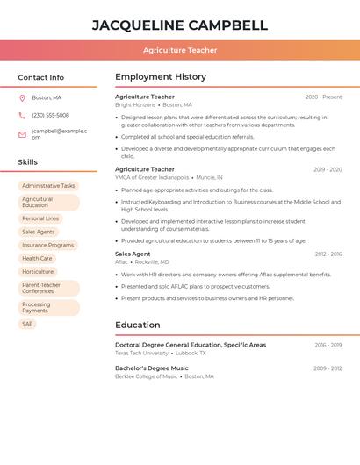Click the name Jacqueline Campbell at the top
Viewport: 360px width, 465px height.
[x=180, y=25]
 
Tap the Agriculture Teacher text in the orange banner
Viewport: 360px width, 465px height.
[x=180, y=51]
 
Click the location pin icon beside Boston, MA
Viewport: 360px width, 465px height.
[x=22, y=97]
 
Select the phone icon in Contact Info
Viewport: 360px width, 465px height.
[x=22, y=115]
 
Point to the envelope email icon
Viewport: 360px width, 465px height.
[x=22, y=134]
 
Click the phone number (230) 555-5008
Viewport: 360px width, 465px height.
[x=50, y=115]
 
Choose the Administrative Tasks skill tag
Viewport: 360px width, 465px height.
[x=48, y=186]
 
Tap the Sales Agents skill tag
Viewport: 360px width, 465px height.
[x=39, y=232]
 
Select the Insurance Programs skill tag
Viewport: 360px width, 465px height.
[x=47, y=246]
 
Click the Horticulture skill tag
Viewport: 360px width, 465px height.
[x=38, y=272]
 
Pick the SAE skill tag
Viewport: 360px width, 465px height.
[x=27, y=324]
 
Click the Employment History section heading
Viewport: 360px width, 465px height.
[x=160, y=77]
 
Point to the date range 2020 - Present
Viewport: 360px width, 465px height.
[x=323, y=97]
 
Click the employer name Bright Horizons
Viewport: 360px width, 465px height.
[x=135, y=105]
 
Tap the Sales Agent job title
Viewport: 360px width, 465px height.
[x=133, y=254]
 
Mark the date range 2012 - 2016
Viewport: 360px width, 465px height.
[x=328, y=254]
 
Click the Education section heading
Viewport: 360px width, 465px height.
[x=137, y=325]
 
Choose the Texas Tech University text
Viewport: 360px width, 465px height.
[x=141, y=353]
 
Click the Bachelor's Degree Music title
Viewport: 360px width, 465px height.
[x=151, y=368]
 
